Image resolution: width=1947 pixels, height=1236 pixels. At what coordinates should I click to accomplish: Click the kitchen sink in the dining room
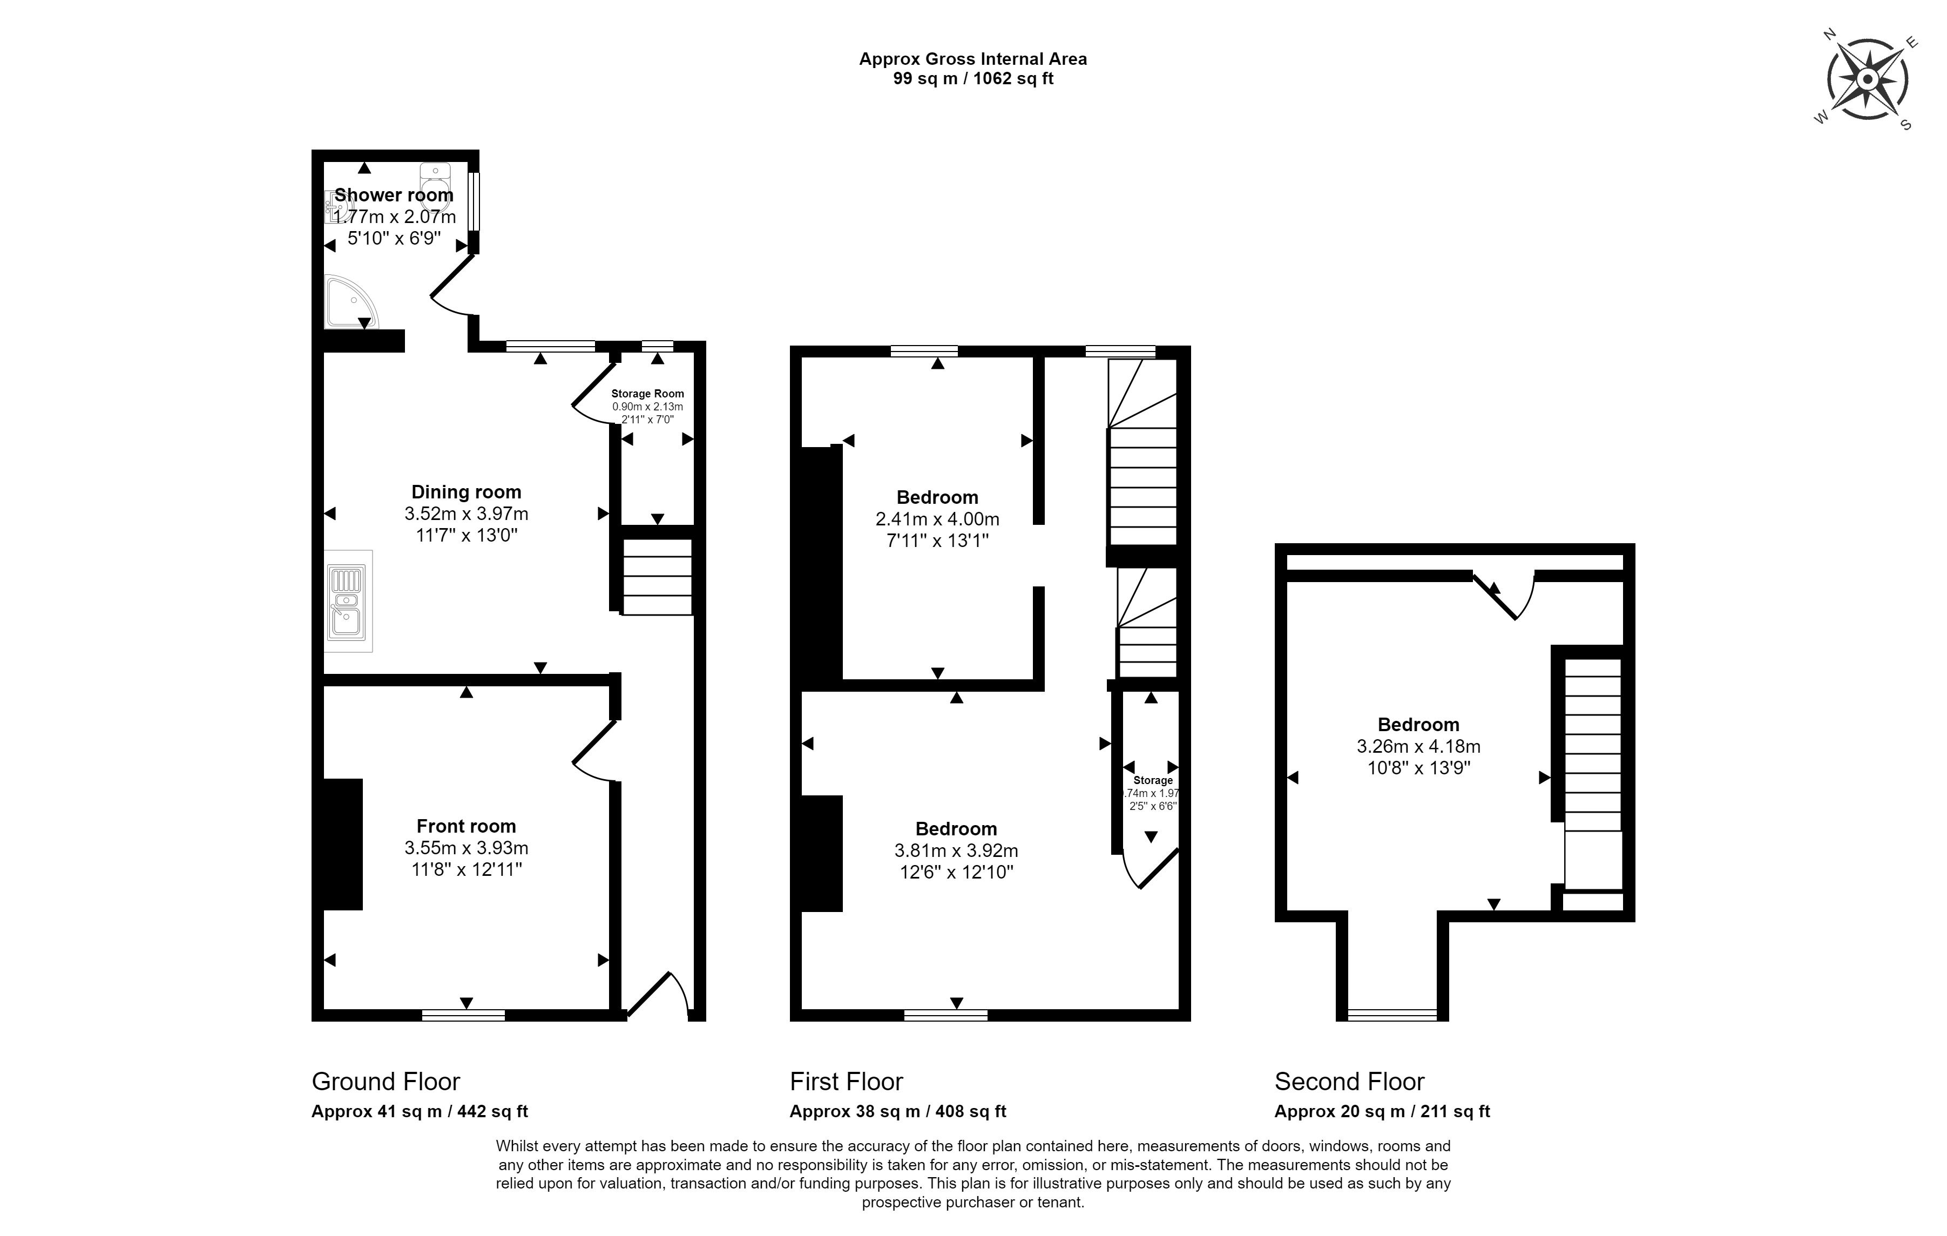(348, 600)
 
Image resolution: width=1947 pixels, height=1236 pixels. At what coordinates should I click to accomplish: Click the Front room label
(467, 826)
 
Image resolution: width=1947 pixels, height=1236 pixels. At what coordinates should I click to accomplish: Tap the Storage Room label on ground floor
(648, 394)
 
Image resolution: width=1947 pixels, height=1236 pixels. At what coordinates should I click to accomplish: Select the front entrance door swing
(657, 994)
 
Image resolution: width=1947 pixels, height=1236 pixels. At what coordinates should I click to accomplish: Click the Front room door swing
(595, 751)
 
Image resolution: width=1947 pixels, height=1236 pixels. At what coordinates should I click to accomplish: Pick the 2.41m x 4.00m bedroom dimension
(938, 519)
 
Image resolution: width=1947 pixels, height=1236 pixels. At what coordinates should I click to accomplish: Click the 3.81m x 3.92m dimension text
(957, 850)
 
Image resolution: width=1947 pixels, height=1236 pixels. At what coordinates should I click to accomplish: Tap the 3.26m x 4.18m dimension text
(1419, 746)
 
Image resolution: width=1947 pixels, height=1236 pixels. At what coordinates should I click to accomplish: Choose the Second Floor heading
(1349, 1081)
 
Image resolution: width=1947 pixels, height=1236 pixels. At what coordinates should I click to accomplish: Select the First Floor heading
(847, 1081)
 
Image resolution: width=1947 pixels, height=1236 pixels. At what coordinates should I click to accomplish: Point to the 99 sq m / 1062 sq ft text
(973, 78)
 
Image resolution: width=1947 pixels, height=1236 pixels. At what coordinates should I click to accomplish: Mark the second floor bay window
(1392, 1015)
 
